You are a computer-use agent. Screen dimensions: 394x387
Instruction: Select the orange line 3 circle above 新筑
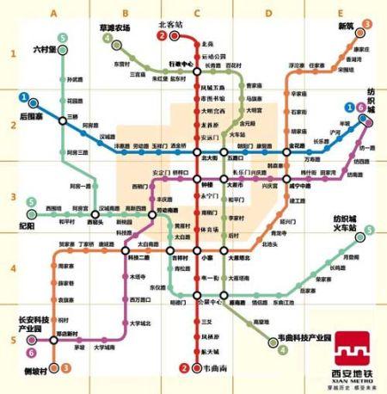coord(367,24)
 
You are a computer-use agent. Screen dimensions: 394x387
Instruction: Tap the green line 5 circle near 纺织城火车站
coord(369,230)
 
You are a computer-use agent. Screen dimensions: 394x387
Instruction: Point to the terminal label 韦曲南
coord(203,370)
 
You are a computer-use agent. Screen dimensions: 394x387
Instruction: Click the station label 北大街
coord(209,158)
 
